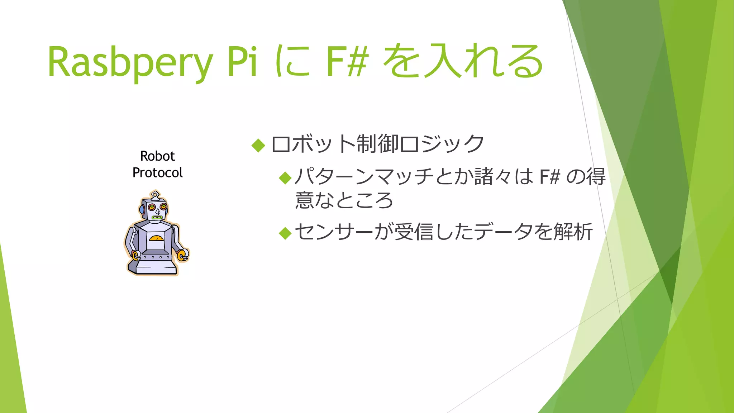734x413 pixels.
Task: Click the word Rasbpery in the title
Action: [130, 62]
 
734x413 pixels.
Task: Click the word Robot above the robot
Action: [157, 156]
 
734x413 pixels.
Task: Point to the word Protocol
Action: [157, 173]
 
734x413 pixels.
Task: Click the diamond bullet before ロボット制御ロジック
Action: [258, 145]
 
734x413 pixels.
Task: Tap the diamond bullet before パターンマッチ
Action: [285, 177]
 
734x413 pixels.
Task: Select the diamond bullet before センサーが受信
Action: [285, 233]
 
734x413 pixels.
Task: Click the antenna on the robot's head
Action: [155, 195]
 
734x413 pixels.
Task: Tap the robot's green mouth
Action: [157, 217]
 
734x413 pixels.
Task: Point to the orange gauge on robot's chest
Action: [156, 238]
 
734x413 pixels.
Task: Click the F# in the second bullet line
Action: [549, 177]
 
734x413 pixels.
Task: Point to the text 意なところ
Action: [344, 200]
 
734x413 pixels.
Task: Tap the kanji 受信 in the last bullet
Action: [415, 232]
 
